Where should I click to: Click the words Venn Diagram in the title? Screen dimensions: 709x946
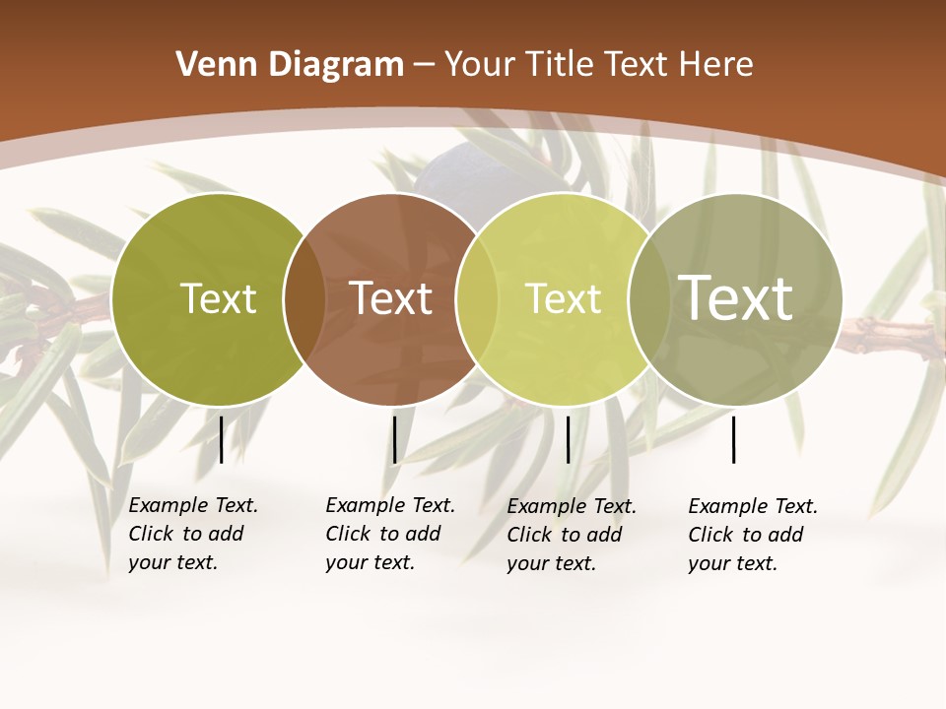click(289, 65)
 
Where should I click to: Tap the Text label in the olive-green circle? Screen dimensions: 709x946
click(218, 298)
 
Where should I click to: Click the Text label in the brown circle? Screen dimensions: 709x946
click(391, 298)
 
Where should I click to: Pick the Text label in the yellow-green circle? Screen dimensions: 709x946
click(563, 298)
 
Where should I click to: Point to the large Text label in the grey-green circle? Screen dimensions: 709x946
click(736, 297)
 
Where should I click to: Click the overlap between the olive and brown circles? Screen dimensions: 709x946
click(304, 299)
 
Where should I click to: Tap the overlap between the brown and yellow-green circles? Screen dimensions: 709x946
click(477, 299)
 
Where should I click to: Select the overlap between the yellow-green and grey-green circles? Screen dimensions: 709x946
click(648, 299)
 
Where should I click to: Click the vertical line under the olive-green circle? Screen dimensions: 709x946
click(221, 439)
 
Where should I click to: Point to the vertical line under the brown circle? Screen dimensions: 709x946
click(394, 439)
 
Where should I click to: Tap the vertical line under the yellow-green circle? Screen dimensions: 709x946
click(568, 439)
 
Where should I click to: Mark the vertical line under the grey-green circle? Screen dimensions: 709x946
click(733, 439)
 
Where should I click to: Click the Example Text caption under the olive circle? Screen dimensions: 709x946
click(193, 534)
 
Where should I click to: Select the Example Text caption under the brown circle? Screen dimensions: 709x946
click(390, 534)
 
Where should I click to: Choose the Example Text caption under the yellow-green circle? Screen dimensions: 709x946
click(572, 535)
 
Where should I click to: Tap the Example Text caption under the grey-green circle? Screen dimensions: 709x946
click(753, 535)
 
